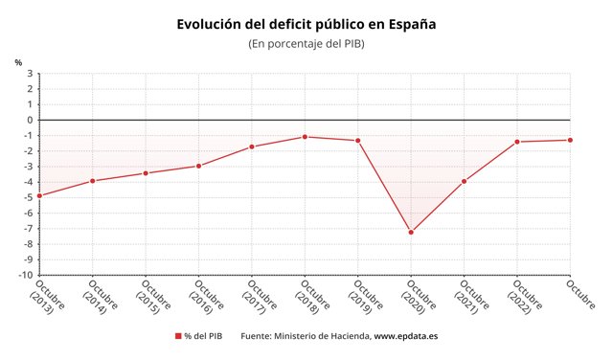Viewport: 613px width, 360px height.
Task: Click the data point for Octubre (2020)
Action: tap(411, 233)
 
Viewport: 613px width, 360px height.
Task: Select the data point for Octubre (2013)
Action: tap(39, 195)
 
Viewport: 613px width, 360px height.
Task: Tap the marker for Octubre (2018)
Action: tap(305, 137)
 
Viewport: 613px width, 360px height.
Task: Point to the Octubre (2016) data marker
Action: tap(198, 167)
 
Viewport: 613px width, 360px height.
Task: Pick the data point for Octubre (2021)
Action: tap(464, 181)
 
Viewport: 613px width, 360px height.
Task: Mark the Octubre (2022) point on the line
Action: tap(517, 142)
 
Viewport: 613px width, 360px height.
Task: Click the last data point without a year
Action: tap(570, 140)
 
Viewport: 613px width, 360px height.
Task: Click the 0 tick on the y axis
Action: tap(30, 120)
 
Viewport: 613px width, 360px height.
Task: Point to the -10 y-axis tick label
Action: tap(26, 275)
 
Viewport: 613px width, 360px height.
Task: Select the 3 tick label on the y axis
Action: tap(30, 74)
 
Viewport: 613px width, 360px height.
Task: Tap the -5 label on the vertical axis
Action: tap(28, 197)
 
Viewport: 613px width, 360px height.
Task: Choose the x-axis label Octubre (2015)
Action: tap(153, 297)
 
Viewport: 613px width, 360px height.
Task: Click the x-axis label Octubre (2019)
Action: tap(365, 297)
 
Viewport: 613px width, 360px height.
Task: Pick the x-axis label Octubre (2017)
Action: tap(260, 297)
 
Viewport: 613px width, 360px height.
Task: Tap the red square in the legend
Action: tap(178, 336)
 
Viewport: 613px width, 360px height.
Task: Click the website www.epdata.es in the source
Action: tap(406, 336)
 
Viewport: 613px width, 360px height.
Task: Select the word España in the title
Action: tap(413, 24)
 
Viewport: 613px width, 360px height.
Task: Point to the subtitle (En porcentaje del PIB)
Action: tap(306, 44)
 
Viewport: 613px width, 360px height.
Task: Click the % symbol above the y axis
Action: tap(18, 62)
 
